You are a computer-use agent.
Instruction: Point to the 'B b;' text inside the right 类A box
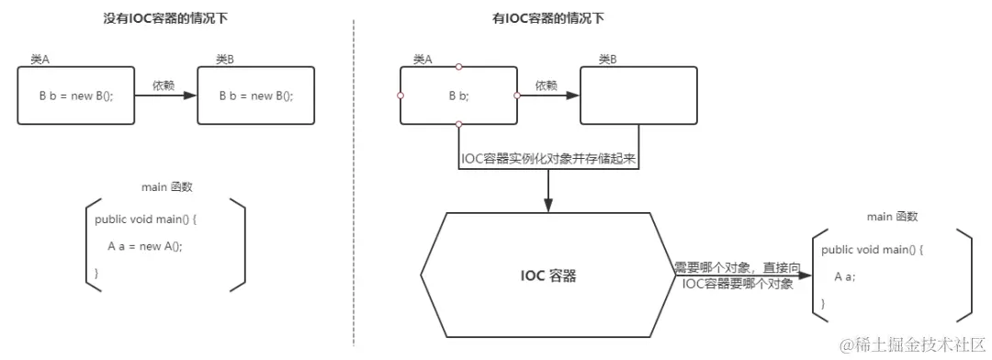click(458, 96)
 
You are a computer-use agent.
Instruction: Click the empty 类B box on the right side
click(637, 95)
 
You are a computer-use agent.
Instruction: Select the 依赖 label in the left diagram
click(163, 84)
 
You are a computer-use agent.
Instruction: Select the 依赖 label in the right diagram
click(546, 84)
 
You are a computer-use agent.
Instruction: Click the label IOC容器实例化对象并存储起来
click(549, 159)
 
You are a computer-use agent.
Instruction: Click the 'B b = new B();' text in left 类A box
click(76, 96)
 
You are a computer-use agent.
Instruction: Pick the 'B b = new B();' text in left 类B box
click(256, 96)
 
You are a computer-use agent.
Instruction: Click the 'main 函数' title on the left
click(167, 187)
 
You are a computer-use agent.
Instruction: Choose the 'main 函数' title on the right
click(892, 217)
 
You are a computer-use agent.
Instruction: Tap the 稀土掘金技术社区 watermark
click(909, 343)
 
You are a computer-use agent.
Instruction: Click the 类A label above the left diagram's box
click(40, 59)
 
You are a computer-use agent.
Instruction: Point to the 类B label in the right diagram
click(607, 59)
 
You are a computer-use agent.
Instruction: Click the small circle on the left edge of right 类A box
click(400, 95)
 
